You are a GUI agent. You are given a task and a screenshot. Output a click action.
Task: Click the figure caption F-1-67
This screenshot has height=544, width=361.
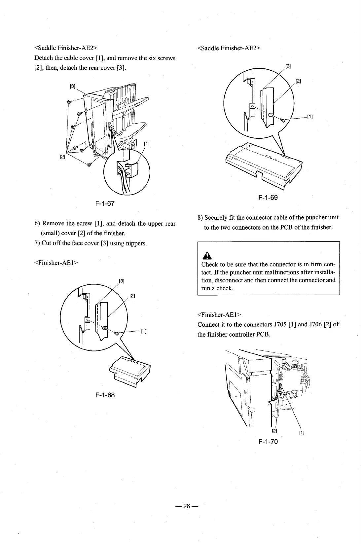click(x=105, y=203)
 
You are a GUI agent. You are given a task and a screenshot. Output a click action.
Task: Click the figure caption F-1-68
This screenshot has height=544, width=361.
click(x=105, y=395)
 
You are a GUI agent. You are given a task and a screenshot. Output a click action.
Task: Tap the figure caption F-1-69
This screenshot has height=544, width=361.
click(x=268, y=198)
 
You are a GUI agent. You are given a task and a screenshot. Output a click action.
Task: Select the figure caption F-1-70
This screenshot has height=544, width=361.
click(x=268, y=441)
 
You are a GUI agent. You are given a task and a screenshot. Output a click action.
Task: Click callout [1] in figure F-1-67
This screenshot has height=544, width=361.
click(x=147, y=144)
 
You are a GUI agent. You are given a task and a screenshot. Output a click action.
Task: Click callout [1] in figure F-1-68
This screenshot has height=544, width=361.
click(x=144, y=331)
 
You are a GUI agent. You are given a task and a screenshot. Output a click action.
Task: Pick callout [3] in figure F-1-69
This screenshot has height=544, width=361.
click(x=288, y=66)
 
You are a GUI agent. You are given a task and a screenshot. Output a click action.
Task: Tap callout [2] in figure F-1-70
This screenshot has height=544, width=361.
click(x=274, y=431)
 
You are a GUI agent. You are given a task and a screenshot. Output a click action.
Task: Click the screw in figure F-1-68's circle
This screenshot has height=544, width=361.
click(x=116, y=334)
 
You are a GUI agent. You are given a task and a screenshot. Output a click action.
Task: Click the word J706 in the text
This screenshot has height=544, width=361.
click(x=320, y=324)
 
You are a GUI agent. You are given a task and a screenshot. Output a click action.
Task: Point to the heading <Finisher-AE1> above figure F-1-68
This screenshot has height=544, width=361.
click(x=56, y=263)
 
